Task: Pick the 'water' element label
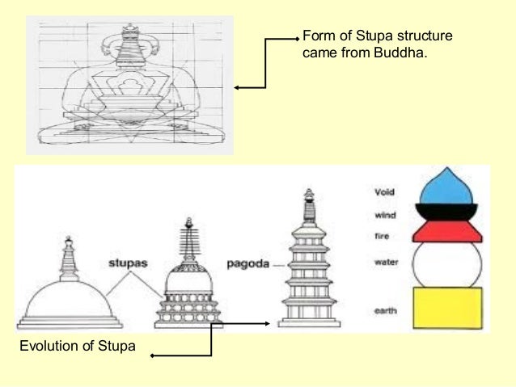click(384, 262)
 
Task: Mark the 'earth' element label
click(384, 308)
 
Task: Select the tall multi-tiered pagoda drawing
click(308, 267)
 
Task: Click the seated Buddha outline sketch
click(129, 85)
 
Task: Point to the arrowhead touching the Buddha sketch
click(236, 87)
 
